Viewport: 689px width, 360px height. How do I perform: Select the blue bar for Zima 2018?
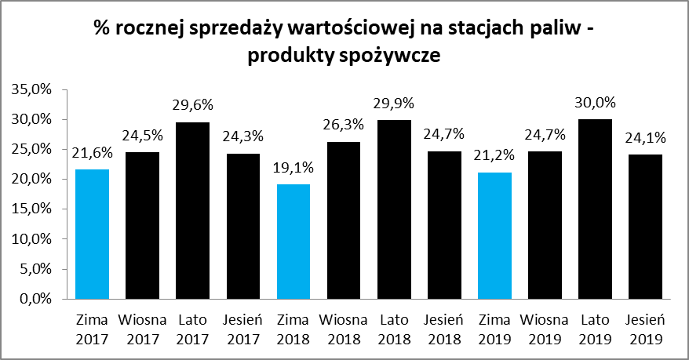click(292, 241)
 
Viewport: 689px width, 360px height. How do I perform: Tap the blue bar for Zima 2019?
click(495, 235)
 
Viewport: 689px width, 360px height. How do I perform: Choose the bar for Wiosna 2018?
click(343, 220)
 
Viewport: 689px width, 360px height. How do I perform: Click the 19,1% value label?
click(292, 168)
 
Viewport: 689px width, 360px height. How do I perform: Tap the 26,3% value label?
click(343, 125)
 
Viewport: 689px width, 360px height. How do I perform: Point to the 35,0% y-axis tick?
click(32, 89)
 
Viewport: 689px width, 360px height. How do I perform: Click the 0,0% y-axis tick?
click(35, 299)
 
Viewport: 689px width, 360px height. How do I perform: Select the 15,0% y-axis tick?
click(32, 209)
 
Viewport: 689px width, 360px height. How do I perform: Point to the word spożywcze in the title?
click(392, 57)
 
